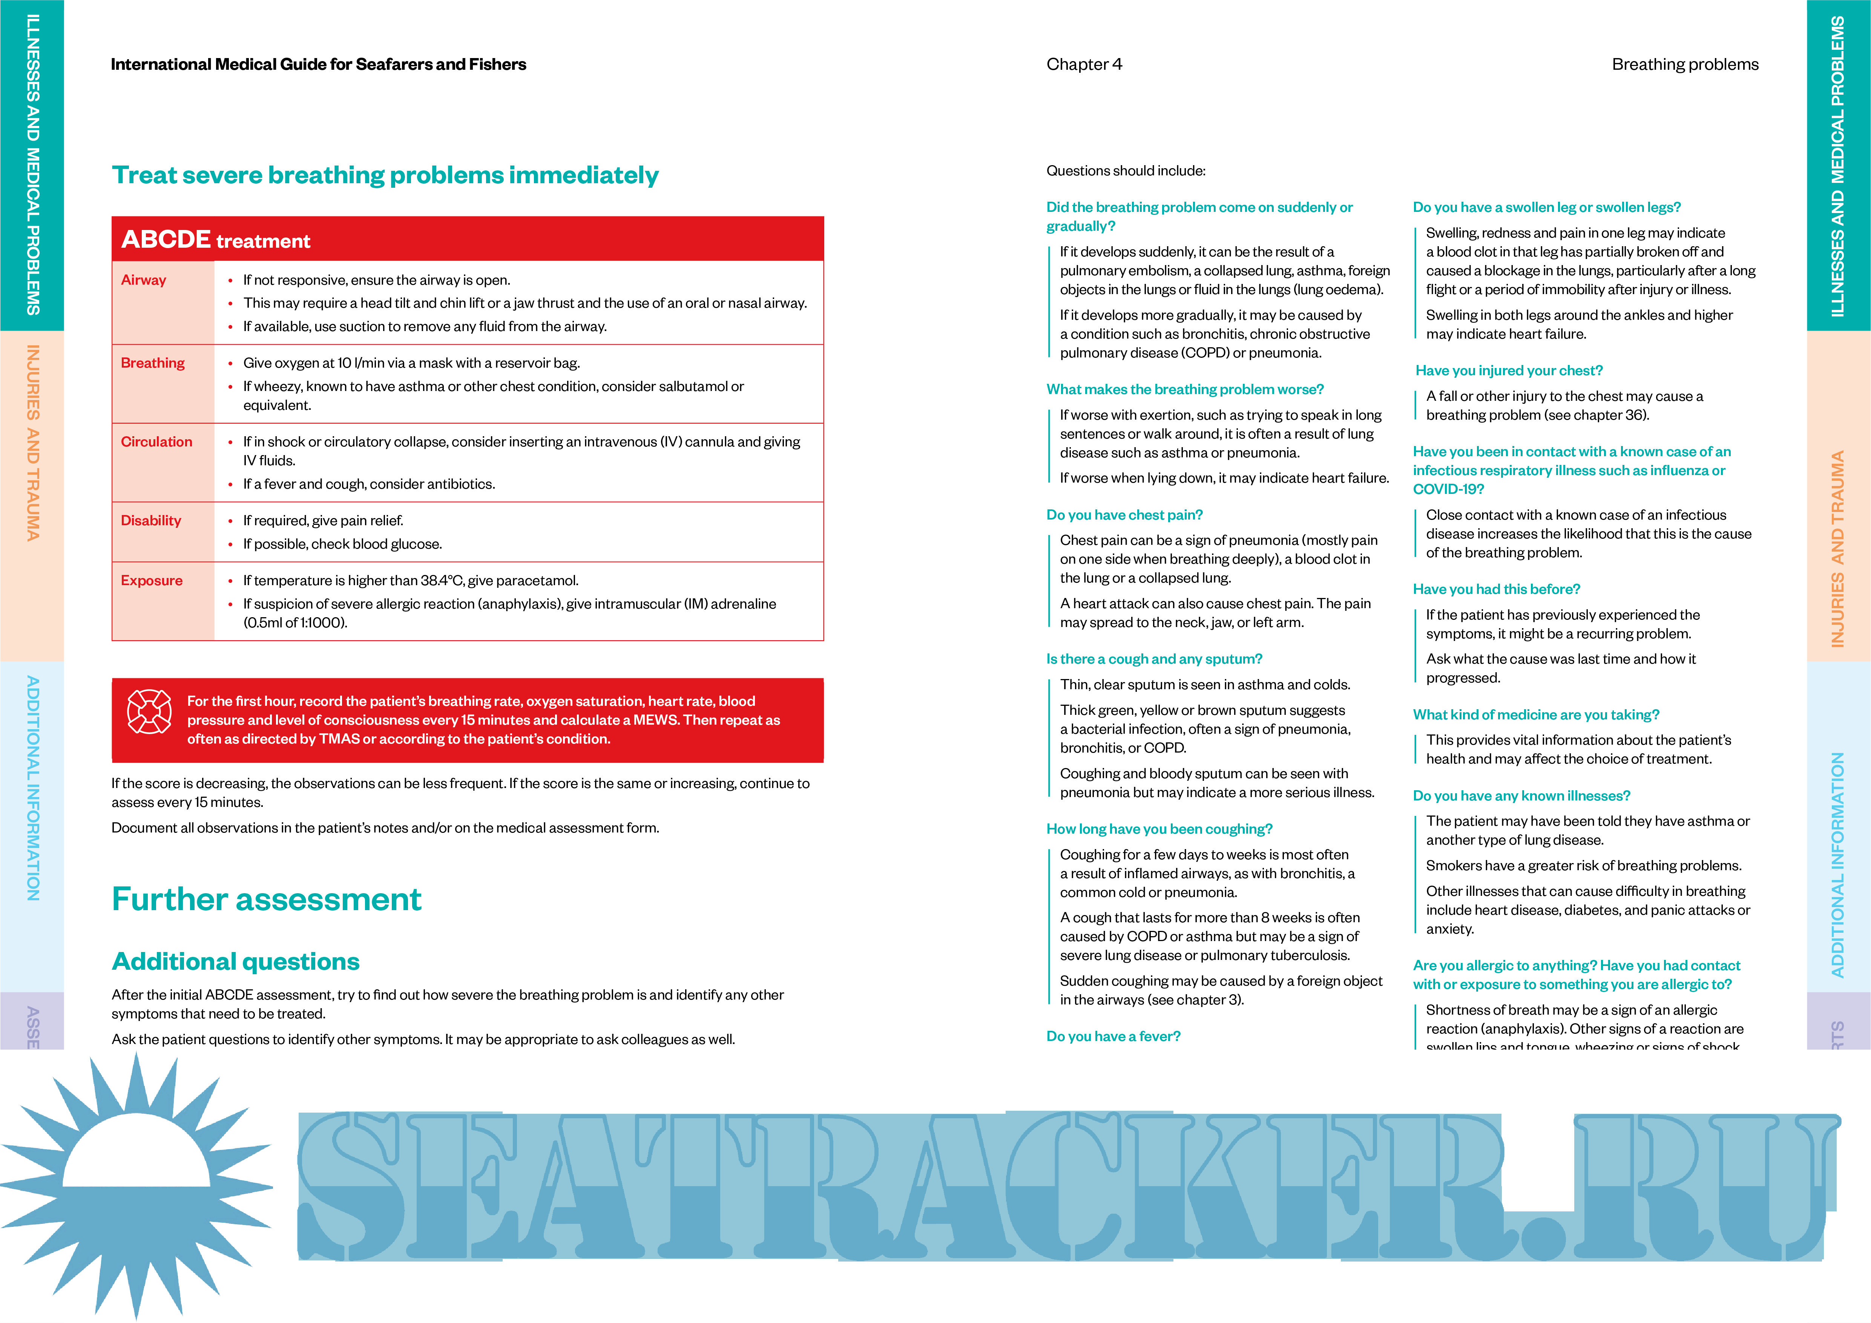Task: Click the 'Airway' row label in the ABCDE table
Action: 143,280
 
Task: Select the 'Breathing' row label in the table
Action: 152,363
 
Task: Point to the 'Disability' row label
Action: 151,521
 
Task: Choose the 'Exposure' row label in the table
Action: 152,581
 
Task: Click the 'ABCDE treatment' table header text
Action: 216,240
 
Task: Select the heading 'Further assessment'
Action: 267,899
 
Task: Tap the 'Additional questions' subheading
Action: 236,962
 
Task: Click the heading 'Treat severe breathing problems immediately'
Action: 385,175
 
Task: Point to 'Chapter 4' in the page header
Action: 1084,64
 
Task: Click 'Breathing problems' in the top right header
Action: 1684,64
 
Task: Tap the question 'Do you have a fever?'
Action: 1113,1036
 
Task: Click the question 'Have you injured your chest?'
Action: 1508,371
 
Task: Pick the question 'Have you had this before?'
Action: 1496,589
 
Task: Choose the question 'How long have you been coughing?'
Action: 1159,829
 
